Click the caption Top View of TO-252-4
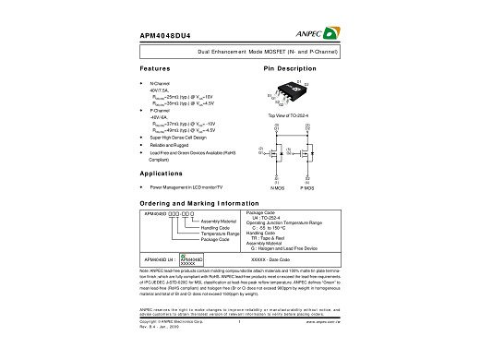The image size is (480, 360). coord(285,115)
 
